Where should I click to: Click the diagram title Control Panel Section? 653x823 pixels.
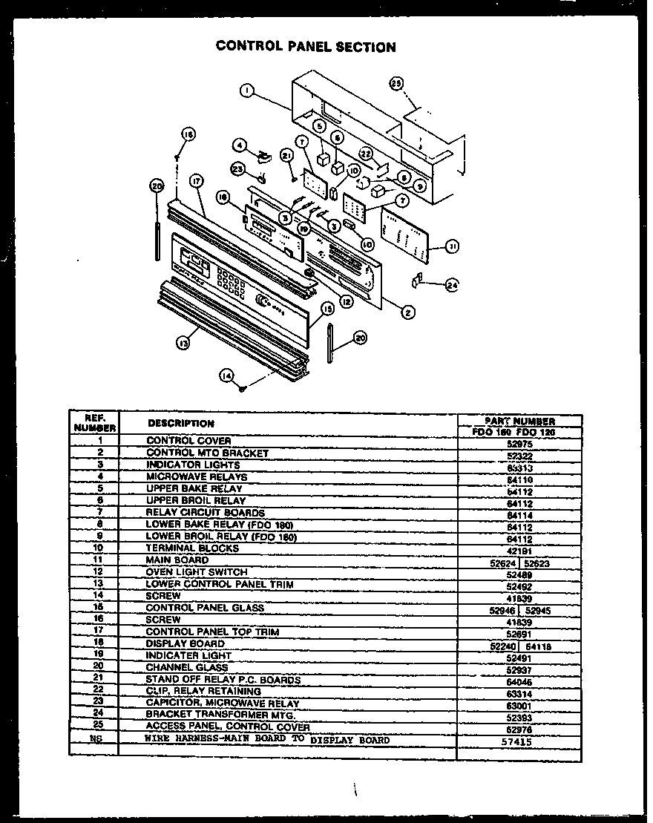click(306, 47)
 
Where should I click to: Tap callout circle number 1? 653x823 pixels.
click(247, 92)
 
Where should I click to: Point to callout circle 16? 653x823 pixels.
click(188, 134)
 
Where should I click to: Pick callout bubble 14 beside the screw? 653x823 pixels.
click(226, 376)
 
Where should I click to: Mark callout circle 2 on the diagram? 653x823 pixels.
click(407, 312)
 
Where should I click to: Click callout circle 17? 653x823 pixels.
click(196, 180)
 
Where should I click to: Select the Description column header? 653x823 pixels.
click(181, 423)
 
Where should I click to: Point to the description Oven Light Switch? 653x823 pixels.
click(197, 572)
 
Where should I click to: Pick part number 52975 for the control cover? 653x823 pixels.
click(519, 442)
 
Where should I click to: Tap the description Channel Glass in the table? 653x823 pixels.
click(187, 668)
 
